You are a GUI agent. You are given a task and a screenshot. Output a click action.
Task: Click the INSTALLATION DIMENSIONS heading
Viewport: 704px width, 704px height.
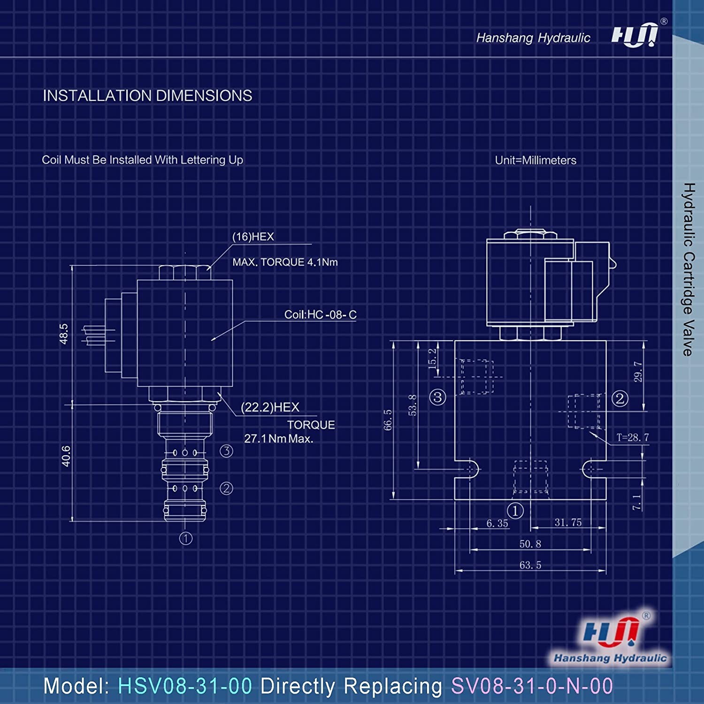(x=147, y=96)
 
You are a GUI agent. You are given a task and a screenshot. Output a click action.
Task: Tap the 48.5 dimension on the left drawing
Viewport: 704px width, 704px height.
(x=64, y=334)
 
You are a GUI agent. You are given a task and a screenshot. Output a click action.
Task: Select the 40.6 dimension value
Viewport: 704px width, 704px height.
(x=66, y=456)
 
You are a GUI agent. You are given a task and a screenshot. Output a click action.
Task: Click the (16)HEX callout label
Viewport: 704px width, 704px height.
(x=253, y=237)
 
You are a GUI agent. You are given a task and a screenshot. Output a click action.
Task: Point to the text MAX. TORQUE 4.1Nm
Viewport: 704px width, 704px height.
(x=285, y=262)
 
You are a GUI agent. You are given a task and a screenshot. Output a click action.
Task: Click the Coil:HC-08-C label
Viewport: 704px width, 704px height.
(x=320, y=314)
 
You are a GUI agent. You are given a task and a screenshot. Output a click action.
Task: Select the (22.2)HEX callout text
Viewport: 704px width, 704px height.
(x=270, y=407)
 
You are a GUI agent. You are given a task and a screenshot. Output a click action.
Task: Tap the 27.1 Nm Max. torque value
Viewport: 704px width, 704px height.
(x=278, y=439)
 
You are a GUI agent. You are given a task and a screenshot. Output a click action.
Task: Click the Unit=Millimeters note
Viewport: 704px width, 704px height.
(x=536, y=160)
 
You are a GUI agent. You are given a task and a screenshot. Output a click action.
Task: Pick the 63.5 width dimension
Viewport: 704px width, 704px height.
(x=530, y=565)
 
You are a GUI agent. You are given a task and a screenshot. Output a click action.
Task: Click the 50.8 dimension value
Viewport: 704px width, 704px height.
(x=530, y=544)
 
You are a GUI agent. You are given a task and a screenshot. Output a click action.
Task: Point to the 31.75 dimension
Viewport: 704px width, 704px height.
(x=568, y=522)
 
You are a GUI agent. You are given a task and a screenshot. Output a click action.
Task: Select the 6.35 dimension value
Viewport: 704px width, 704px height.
(x=497, y=523)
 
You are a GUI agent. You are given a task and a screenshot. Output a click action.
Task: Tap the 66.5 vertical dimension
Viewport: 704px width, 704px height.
(x=388, y=420)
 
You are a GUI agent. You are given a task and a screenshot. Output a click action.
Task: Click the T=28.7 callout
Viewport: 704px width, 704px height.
(x=633, y=437)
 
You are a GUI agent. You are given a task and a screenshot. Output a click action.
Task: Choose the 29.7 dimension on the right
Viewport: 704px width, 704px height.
(x=638, y=371)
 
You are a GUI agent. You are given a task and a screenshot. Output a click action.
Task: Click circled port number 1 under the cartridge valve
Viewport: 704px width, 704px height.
(x=186, y=538)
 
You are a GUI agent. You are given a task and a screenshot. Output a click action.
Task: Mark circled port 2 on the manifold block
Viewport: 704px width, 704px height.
(x=620, y=398)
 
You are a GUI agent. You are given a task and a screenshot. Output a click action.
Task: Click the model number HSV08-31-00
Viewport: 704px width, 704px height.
(x=185, y=686)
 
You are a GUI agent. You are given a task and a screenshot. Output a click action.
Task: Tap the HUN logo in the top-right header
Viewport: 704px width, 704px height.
(x=635, y=36)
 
